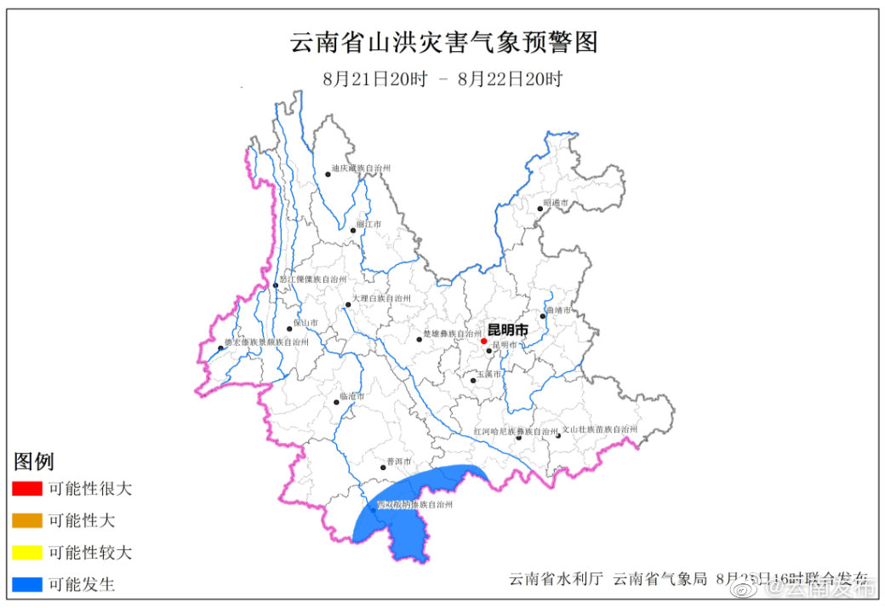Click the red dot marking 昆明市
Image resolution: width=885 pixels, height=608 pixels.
click(x=484, y=341)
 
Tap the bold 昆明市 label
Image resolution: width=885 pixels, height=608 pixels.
click(x=507, y=330)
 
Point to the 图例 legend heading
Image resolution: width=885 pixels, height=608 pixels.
click(x=34, y=462)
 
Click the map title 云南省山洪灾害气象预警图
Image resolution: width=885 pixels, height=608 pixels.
click(x=444, y=42)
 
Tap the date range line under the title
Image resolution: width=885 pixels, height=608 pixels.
click(x=442, y=79)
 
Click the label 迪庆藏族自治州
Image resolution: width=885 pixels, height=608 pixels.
click(x=361, y=169)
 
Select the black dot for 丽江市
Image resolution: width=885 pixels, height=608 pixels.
click(x=353, y=230)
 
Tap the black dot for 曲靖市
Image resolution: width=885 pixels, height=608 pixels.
click(x=543, y=316)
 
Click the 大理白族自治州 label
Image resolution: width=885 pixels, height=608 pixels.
click(x=381, y=299)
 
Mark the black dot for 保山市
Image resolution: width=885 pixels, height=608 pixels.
click(x=290, y=328)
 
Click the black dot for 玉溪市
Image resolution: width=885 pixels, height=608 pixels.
click(x=473, y=381)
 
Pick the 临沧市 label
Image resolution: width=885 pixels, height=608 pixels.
click(x=351, y=397)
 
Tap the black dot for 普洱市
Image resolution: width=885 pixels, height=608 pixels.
click(x=383, y=467)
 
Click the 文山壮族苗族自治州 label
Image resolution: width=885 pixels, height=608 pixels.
click(x=599, y=430)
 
